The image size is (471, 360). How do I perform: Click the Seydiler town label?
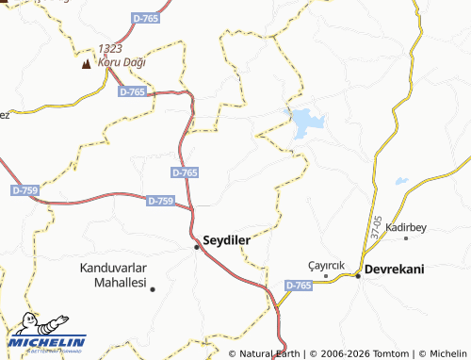[x=227, y=240]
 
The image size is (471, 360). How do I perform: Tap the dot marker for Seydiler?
[x=197, y=247]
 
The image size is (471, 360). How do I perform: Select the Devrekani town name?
[x=395, y=270]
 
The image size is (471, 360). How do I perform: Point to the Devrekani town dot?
[x=358, y=275]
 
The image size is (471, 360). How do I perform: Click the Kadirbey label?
[x=407, y=228]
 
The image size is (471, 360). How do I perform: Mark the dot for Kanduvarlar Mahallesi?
[x=153, y=288]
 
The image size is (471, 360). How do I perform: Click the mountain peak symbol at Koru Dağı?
[x=87, y=64]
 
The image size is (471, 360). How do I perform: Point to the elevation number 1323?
[x=108, y=47]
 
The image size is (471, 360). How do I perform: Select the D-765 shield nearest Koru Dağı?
[x=133, y=91]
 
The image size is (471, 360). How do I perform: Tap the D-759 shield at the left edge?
[x=24, y=190]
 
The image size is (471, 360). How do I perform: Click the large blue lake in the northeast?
[x=307, y=123]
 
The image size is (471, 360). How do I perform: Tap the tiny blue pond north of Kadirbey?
[x=402, y=181]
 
